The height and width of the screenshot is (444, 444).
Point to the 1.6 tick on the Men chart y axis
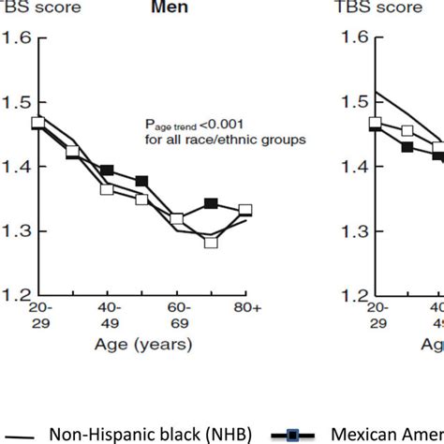[x=20, y=38]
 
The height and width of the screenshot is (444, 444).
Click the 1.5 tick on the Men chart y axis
[x=20, y=103]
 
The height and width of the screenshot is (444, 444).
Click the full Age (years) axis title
[x=144, y=345]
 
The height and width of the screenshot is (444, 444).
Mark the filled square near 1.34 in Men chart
[x=211, y=203]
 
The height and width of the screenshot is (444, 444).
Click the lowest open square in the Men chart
[x=211, y=243]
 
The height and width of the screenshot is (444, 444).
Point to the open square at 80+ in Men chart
[x=245, y=211]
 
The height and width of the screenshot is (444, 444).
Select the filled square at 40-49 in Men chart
[x=107, y=170]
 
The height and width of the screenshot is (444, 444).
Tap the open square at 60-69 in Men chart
[x=176, y=219]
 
